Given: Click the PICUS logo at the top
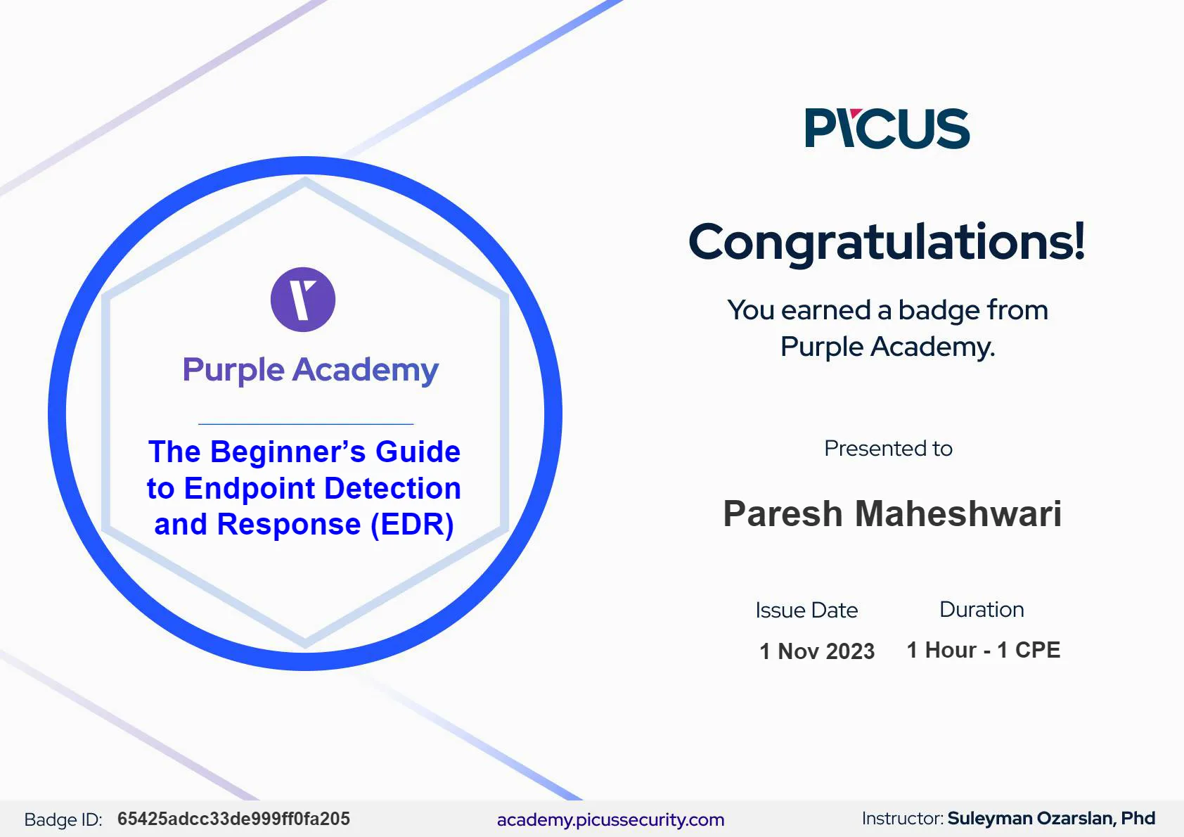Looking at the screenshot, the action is pyautogui.click(x=887, y=128).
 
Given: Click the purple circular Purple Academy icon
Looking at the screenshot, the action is pyautogui.click(x=303, y=299).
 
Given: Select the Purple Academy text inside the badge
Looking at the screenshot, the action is pyautogui.click(x=310, y=369).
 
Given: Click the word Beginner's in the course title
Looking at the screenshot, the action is pyautogui.click(x=288, y=452).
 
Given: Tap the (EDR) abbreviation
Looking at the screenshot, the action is pyautogui.click(x=412, y=525).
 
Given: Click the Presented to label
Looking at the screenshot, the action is pyautogui.click(x=888, y=448).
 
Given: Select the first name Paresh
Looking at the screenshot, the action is pyautogui.click(x=783, y=513).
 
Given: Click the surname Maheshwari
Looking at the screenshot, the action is pyautogui.click(x=958, y=513).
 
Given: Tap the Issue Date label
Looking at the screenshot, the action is pyautogui.click(x=806, y=611).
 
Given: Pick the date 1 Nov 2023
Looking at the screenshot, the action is pyautogui.click(x=817, y=651).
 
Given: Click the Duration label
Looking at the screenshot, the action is pyautogui.click(x=982, y=610).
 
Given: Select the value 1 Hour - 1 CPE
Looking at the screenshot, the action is pyautogui.click(x=984, y=650).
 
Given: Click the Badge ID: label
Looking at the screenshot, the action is pyautogui.click(x=63, y=819).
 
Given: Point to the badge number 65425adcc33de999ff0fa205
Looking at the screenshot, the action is pyautogui.click(x=233, y=819).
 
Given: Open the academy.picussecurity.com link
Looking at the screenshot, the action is pyautogui.click(x=610, y=819).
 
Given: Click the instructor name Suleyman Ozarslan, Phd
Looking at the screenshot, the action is pyautogui.click(x=1051, y=819).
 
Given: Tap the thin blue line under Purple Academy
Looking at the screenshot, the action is pyautogui.click(x=306, y=424).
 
